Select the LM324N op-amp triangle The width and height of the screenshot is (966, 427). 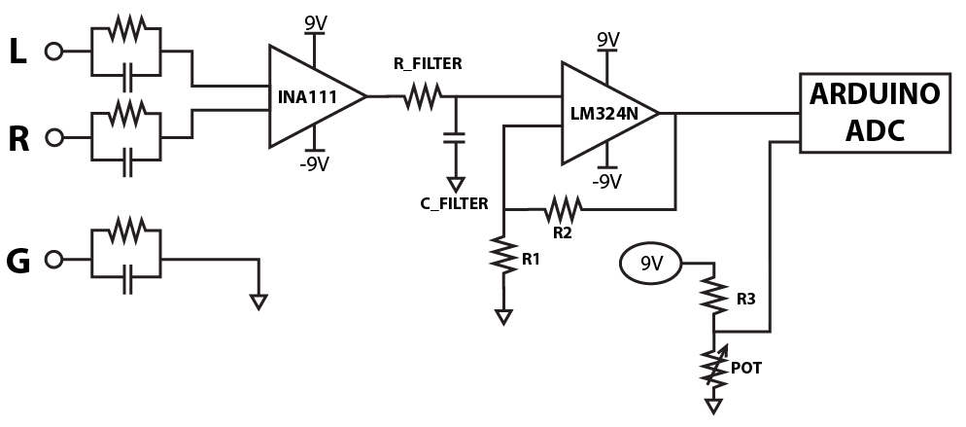click(603, 113)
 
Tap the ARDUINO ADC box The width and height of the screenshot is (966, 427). click(873, 112)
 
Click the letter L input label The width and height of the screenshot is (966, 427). click(17, 53)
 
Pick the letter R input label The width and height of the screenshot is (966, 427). click(17, 139)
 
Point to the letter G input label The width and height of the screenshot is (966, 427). click(17, 260)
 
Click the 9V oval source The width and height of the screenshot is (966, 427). click(650, 262)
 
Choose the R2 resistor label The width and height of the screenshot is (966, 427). click(562, 233)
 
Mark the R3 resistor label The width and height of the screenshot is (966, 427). click(746, 299)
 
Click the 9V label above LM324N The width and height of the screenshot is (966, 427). click(606, 40)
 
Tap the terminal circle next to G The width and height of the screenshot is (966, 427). click(53, 260)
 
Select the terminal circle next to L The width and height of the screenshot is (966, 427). click(53, 53)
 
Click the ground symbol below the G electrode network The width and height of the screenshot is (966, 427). click(258, 302)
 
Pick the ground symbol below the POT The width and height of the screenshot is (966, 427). click(714, 406)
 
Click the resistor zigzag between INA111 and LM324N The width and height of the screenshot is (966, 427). click(423, 95)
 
